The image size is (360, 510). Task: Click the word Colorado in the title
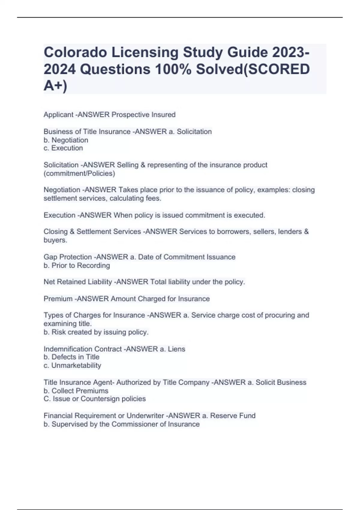click(75, 52)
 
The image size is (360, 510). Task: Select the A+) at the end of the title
click(55, 86)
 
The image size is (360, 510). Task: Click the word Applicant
click(58, 115)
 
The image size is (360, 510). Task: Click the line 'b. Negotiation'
click(66, 140)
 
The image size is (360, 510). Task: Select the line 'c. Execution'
click(63, 148)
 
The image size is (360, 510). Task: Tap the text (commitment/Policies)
click(79, 173)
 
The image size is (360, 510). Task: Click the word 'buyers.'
click(55, 240)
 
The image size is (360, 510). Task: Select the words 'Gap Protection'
click(67, 257)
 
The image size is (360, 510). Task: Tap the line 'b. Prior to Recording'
click(77, 265)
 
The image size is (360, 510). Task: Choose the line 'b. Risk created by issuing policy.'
click(96, 332)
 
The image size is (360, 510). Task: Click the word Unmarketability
click(76, 365)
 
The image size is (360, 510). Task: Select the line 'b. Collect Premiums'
click(76, 391)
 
